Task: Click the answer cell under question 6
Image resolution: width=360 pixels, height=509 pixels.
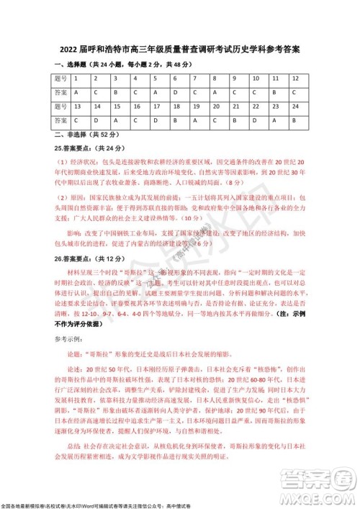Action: [x=176, y=92]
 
